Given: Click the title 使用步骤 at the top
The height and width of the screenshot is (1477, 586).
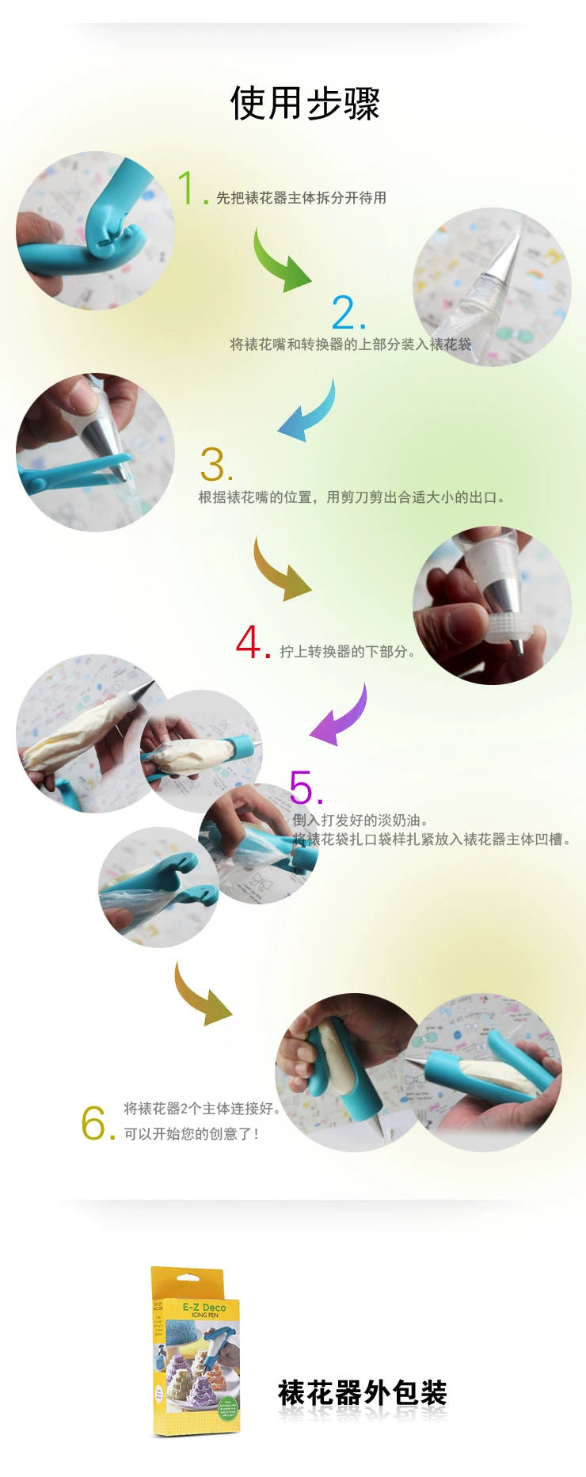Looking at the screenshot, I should (x=305, y=104).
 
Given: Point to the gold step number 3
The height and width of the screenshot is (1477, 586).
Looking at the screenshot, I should (x=214, y=465).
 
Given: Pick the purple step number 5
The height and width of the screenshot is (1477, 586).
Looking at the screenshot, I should (x=304, y=787).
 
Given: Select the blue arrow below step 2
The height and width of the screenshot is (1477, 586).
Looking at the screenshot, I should (x=309, y=412).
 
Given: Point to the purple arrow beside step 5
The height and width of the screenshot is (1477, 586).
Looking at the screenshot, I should (x=341, y=717).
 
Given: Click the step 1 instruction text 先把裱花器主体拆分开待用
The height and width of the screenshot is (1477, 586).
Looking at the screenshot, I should (x=301, y=198).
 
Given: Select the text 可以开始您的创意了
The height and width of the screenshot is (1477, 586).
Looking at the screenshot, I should (x=191, y=1134).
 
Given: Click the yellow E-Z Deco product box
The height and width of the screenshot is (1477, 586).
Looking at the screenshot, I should (x=195, y=1350).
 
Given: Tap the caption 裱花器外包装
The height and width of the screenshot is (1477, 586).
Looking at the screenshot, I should (x=362, y=1391).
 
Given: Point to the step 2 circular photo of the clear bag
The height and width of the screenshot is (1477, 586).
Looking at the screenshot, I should (x=491, y=287).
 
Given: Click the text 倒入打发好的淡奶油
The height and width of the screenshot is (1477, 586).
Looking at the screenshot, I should (x=360, y=820).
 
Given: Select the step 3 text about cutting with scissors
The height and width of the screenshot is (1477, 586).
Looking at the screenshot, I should (x=352, y=497).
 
